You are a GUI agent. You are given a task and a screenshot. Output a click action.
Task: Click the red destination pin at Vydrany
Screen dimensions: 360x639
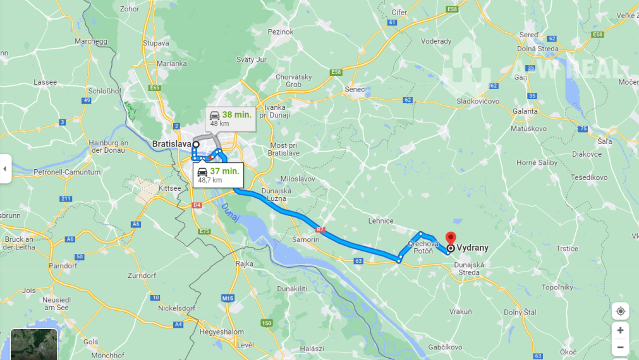tap(450, 238)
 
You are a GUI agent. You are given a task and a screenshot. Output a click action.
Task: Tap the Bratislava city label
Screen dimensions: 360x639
tap(171, 144)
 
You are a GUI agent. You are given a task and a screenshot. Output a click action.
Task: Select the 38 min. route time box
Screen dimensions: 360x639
tap(230, 118)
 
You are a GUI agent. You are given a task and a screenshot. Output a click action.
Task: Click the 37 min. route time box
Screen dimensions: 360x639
tap(217, 174)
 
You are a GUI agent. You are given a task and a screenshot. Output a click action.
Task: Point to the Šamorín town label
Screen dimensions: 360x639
tap(306, 240)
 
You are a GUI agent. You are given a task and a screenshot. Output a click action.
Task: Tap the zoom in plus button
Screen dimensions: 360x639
tap(620, 330)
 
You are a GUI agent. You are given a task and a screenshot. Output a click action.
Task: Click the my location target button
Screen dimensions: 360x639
tap(620, 311)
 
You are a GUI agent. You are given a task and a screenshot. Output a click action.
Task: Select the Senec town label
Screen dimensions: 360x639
tap(355, 90)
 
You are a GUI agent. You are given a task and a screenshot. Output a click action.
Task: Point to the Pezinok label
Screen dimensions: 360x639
tap(281, 32)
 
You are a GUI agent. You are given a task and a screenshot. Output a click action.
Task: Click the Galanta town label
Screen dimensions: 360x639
tap(525, 111)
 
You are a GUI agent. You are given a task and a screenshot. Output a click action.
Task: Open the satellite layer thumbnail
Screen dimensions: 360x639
tap(34, 344)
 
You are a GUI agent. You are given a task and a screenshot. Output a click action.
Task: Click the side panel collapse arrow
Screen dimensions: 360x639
tap(5, 169)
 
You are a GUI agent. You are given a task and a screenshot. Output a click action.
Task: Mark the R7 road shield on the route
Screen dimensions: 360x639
tap(320, 229)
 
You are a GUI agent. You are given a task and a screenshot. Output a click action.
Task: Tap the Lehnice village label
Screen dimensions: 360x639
tap(381, 221)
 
